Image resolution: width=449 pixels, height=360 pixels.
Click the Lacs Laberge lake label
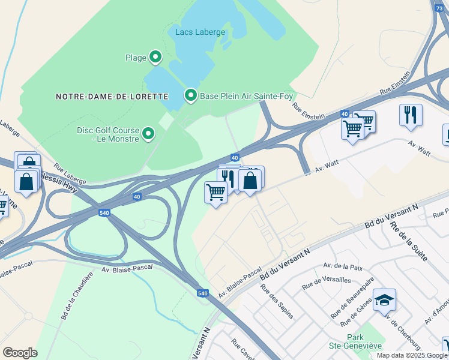(x=200, y=32)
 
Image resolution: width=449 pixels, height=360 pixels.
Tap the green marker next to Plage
(x=155, y=58)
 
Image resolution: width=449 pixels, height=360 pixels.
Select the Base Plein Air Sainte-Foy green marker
(x=191, y=95)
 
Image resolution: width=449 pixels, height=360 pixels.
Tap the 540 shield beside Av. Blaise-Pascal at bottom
(x=203, y=293)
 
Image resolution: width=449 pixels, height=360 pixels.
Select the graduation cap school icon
(x=384, y=299)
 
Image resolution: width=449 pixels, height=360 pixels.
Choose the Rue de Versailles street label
(x=326, y=283)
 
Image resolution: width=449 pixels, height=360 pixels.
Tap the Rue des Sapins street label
(x=277, y=300)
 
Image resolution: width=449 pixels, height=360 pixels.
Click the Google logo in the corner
(x=20, y=353)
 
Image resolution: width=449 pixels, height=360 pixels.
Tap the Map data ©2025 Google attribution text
(x=412, y=355)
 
